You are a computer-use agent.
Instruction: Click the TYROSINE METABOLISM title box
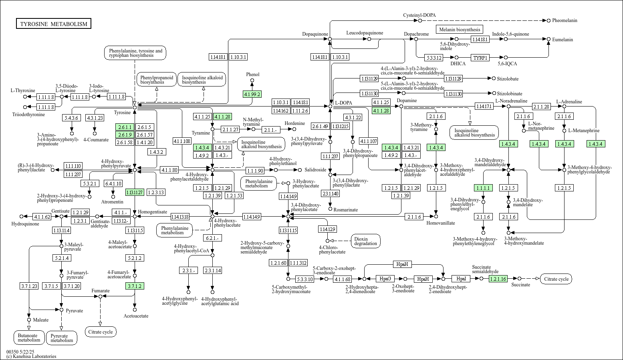(54, 24)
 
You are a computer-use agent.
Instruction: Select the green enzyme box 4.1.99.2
(252, 95)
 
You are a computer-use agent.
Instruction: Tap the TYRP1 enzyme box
(480, 58)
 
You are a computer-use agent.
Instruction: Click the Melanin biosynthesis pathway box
(459, 29)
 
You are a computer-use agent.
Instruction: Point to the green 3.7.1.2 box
(135, 286)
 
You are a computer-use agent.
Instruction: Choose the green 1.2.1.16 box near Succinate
(498, 279)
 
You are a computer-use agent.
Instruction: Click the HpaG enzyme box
(385, 279)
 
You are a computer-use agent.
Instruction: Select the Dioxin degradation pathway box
(365, 241)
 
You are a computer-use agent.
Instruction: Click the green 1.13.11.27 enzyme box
(135, 192)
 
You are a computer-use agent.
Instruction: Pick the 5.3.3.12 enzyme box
(434, 58)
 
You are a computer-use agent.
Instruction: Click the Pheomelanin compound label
(565, 20)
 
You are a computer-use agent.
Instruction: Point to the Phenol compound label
(252, 74)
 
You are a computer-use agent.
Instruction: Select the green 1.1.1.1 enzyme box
(483, 188)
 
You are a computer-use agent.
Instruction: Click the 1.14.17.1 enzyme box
(484, 106)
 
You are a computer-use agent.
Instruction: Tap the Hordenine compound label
(294, 123)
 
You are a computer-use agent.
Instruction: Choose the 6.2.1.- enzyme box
(212, 238)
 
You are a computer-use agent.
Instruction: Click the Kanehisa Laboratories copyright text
(31, 356)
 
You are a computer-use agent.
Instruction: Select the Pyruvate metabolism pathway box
(62, 338)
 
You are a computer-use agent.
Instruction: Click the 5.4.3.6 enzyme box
(72, 118)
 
